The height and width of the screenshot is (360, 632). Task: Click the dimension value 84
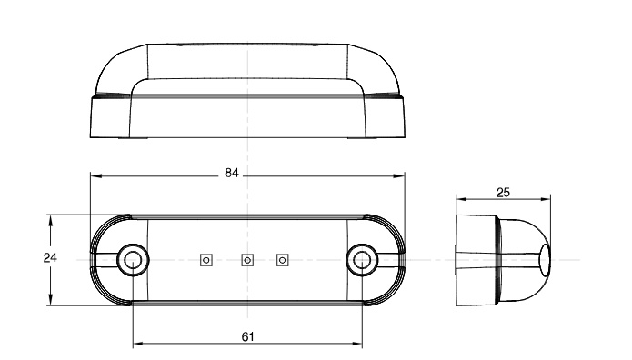[x=232, y=173]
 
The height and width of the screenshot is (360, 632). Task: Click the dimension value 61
[x=248, y=336]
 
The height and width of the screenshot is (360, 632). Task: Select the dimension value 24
[x=50, y=257]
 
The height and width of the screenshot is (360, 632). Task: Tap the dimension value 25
[x=503, y=193]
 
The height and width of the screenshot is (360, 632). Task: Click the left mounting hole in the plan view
[x=133, y=260]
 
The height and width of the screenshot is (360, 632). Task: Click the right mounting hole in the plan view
[x=362, y=260]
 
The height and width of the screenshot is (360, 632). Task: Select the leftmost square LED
[x=206, y=260]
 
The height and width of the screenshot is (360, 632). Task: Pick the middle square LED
[x=247, y=260]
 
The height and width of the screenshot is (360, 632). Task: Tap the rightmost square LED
[x=283, y=260]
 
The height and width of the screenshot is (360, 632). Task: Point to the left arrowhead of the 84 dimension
[x=95, y=175]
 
